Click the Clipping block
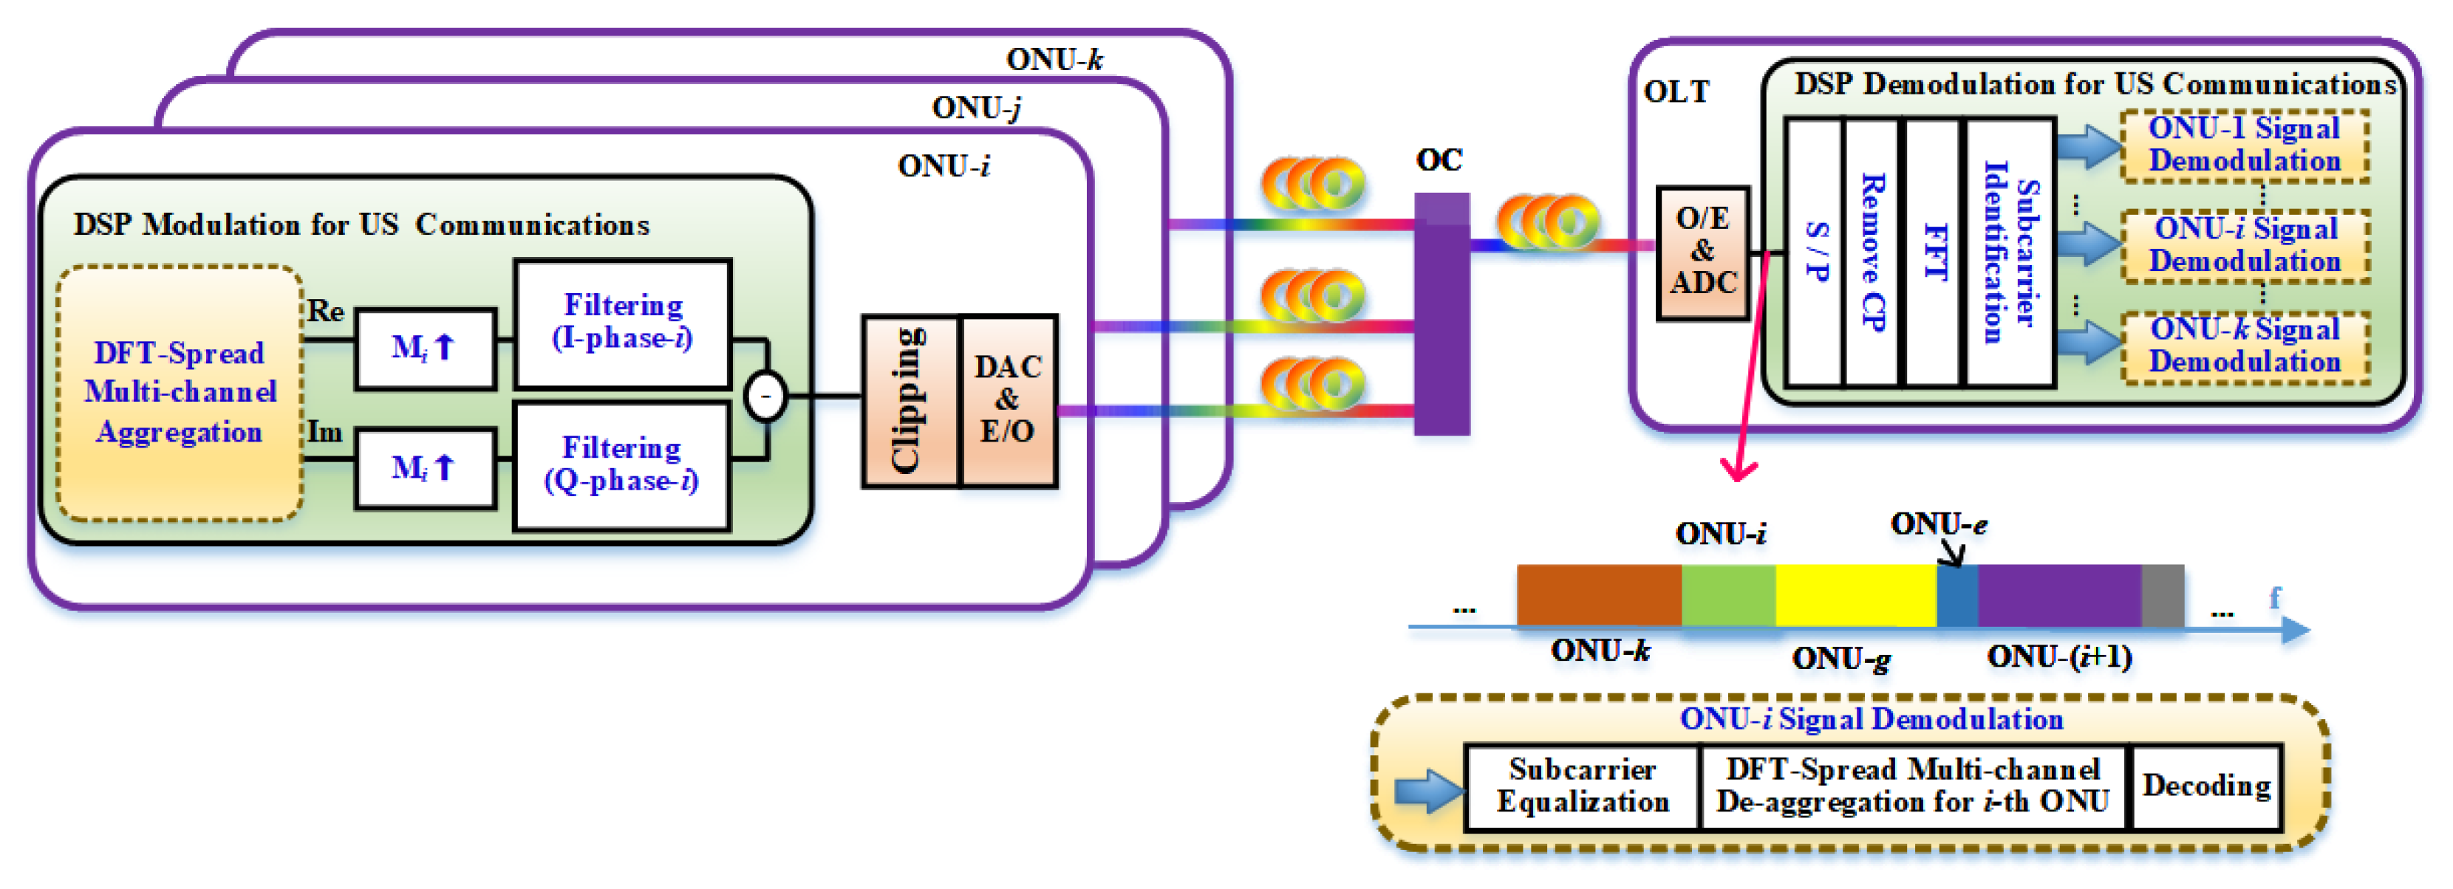point(910,401)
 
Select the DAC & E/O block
point(1009,401)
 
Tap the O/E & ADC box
point(1702,253)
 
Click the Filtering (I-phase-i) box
point(623,323)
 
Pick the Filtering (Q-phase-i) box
point(622,465)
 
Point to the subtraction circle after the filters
point(765,396)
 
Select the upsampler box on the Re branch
point(426,349)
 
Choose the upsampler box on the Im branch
point(426,468)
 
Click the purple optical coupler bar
point(1441,314)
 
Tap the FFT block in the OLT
point(1933,253)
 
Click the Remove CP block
point(1872,253)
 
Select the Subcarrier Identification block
point(2009,253)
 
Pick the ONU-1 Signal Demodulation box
point(2245,145)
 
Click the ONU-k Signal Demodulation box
point(2245,346)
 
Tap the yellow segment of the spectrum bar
point(1856,596)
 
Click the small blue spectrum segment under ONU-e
point(1958,596)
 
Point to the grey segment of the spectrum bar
point(2163,596)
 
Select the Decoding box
point(2206,787)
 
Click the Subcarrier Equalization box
point(1583,787)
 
